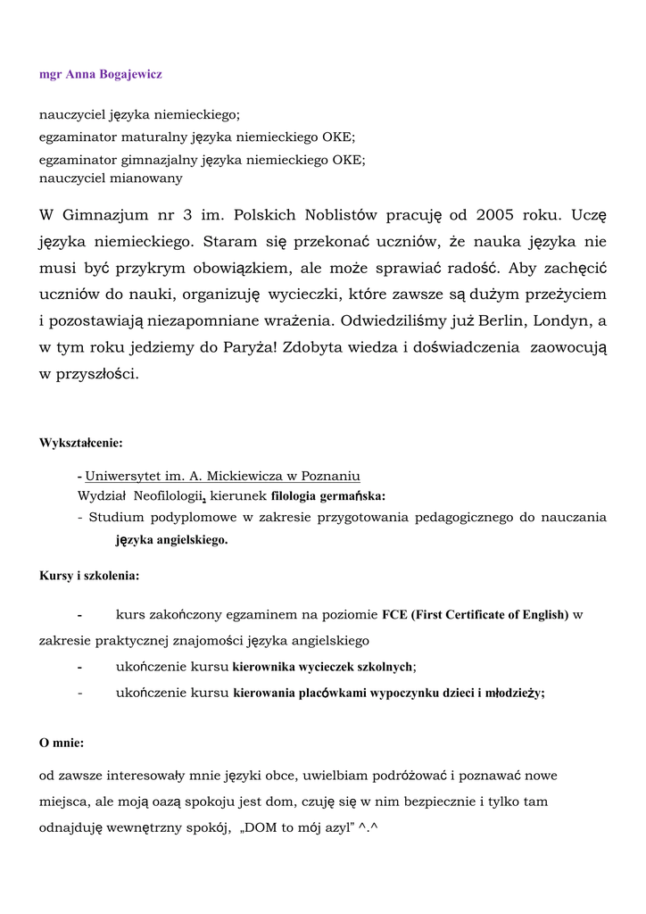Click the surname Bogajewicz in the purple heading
click(126, 75)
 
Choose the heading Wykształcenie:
click(81, 443)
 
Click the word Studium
click(117, 517)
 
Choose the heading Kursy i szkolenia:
click(89, 576)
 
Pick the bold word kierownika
click(267, 667)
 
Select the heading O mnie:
click(62, 743)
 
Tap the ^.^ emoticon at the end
click(369, 827)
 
